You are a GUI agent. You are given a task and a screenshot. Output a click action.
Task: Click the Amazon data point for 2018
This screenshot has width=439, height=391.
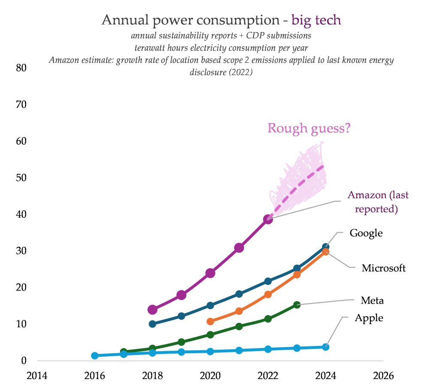(x=152, y=309)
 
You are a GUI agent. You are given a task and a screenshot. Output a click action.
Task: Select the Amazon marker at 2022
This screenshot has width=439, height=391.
(x=268, y=219)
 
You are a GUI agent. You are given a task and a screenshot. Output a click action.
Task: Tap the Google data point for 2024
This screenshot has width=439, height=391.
(x=326, y=247)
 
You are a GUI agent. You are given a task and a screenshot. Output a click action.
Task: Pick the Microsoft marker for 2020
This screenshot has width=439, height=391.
(x=210, y=321)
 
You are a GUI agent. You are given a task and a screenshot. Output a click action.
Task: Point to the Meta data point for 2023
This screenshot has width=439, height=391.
(x=297, y=305)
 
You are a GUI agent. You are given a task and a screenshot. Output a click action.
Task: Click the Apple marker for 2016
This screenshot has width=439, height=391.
(x=95, y=355)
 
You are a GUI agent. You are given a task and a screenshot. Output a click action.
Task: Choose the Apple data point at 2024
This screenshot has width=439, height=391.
(x=326, y=347)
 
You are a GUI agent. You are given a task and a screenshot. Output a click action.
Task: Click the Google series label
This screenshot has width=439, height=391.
(x=366, y=233)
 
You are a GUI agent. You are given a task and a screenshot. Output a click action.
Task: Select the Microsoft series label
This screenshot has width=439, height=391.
(x=383, y=268)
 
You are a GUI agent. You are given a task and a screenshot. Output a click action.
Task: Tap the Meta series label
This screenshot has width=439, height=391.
(x=372, y=300)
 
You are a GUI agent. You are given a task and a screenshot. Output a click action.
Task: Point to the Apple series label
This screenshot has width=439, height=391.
(x=369, y=318)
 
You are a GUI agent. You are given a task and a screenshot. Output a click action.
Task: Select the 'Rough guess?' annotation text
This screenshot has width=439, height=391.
(x=309, y=128)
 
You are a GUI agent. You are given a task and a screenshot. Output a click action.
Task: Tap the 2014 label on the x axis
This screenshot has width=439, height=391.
(x=37, y=376)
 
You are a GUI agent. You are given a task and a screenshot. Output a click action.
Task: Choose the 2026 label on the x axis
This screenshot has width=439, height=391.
(x=383, y=376)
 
